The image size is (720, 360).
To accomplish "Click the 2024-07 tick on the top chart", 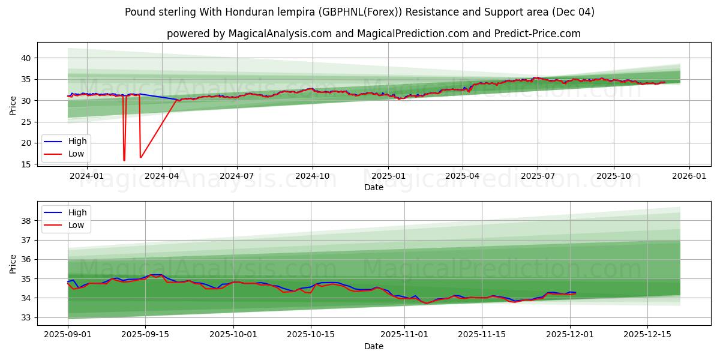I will (236, 176).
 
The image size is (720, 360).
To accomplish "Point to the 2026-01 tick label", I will (689, 176).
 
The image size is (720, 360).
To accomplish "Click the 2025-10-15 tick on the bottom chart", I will (311, 335).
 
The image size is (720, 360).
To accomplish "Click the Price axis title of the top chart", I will (13, 106).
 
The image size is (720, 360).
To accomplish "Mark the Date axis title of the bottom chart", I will (373, 346).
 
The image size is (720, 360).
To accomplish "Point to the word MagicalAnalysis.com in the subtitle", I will (280, 34).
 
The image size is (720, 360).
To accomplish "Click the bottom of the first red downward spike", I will (124, 160).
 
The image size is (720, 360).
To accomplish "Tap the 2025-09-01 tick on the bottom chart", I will (67, 335).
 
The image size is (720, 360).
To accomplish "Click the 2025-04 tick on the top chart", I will (463, 176).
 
